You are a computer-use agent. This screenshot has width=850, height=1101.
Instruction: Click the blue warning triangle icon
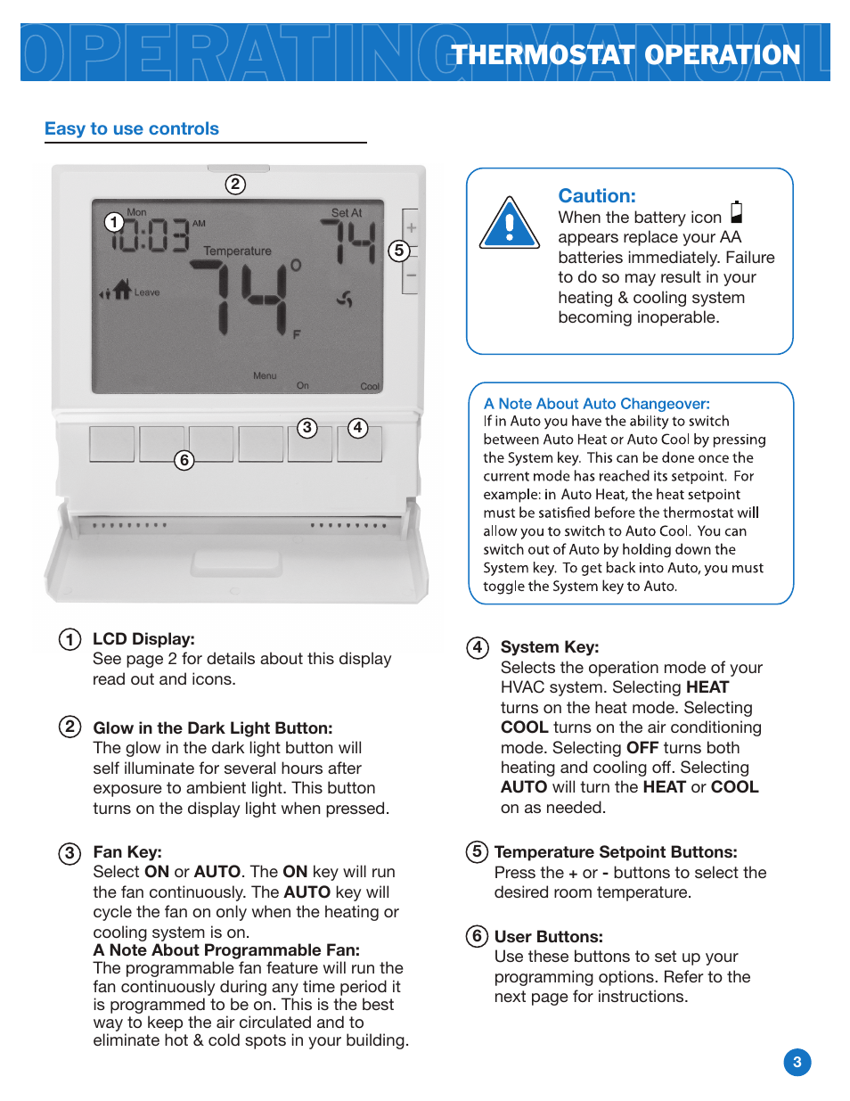pos(510,224)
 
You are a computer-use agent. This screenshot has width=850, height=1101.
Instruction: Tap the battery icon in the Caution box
pos(737,212)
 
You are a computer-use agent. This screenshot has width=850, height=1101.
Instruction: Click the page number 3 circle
pos(797,1062)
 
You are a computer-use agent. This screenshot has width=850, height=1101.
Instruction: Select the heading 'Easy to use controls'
pos(132,128)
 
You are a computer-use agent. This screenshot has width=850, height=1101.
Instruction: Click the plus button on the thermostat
pos(411,227)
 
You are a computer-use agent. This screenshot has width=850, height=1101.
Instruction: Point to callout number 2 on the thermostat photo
pos(235,185)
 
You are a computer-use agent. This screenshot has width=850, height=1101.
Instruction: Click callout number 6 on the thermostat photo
pos(184,460)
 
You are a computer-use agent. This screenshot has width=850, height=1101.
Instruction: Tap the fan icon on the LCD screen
pos(345,299)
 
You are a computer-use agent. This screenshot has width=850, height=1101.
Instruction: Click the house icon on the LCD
pos(122,289)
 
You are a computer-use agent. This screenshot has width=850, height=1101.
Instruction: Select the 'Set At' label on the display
pos(347,213)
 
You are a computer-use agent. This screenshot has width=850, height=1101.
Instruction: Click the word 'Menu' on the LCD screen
pos(265,375)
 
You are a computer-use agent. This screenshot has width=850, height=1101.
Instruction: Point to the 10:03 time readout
pos(151,234)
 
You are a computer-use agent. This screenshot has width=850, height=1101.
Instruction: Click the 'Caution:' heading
pos(597,195)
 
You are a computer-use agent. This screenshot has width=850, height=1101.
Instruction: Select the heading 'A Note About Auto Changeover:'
pos(596,403)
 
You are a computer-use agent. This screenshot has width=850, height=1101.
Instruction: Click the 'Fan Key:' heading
pos(127,851)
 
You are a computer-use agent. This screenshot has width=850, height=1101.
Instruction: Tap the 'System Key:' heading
pos(550,647)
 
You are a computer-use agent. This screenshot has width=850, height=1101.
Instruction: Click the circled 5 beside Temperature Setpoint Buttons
pos(477,851)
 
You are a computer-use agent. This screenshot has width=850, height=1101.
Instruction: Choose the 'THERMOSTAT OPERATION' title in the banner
pos(625,54)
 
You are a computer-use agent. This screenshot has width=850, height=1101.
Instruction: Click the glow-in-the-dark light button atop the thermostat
pos(239,168)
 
